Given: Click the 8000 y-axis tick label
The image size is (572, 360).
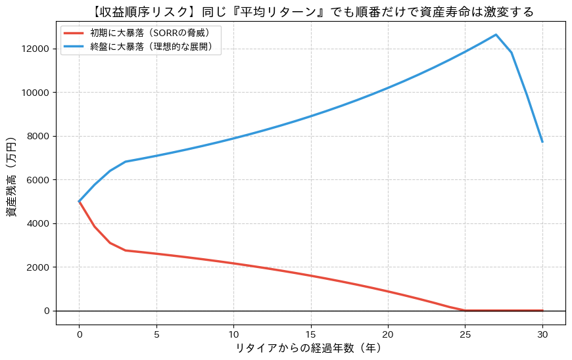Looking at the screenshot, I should tap(38, 137).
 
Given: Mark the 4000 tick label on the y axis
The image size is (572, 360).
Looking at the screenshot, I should tap(38, 224).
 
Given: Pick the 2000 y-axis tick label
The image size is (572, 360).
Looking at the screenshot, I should tap(38, 267).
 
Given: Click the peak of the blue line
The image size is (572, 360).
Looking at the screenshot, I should tap(496, 35).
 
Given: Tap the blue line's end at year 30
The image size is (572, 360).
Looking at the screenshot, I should tap(542, 141).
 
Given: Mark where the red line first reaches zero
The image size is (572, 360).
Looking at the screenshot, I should tap(465, 310).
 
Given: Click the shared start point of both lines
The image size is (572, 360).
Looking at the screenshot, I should tap(79, 202).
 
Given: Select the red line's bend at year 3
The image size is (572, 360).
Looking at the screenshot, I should tap(125, 250).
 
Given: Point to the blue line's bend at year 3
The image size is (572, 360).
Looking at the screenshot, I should tap(125, 162).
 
